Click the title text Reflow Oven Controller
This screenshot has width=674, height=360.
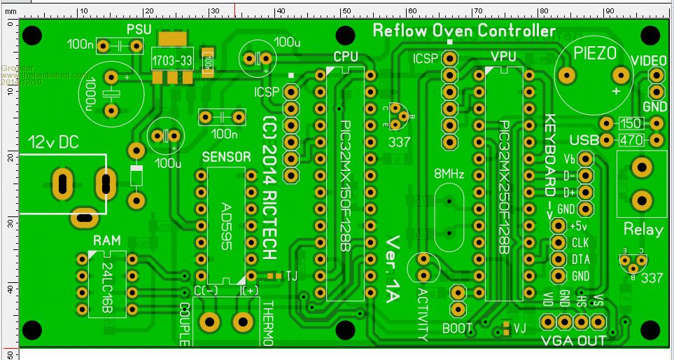pos(464,31)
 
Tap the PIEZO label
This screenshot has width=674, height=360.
pos(595,53)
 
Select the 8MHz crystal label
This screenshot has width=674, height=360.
pos(449,174)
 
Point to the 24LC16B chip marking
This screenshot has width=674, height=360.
pos(107,282)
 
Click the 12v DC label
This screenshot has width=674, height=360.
pos(53,142)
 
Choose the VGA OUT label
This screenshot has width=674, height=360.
pos(574,341)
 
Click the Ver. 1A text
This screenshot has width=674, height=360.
pos(393,267)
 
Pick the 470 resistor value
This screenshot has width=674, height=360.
pos(631,140)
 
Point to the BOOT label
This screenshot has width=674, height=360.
pos(458,328)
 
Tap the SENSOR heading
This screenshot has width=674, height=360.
pos(225,157)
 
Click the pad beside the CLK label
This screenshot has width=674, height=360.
pos(559,243)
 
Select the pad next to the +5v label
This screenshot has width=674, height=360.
pos(559,226)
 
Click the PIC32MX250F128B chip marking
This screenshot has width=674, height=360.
pos(504,187)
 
